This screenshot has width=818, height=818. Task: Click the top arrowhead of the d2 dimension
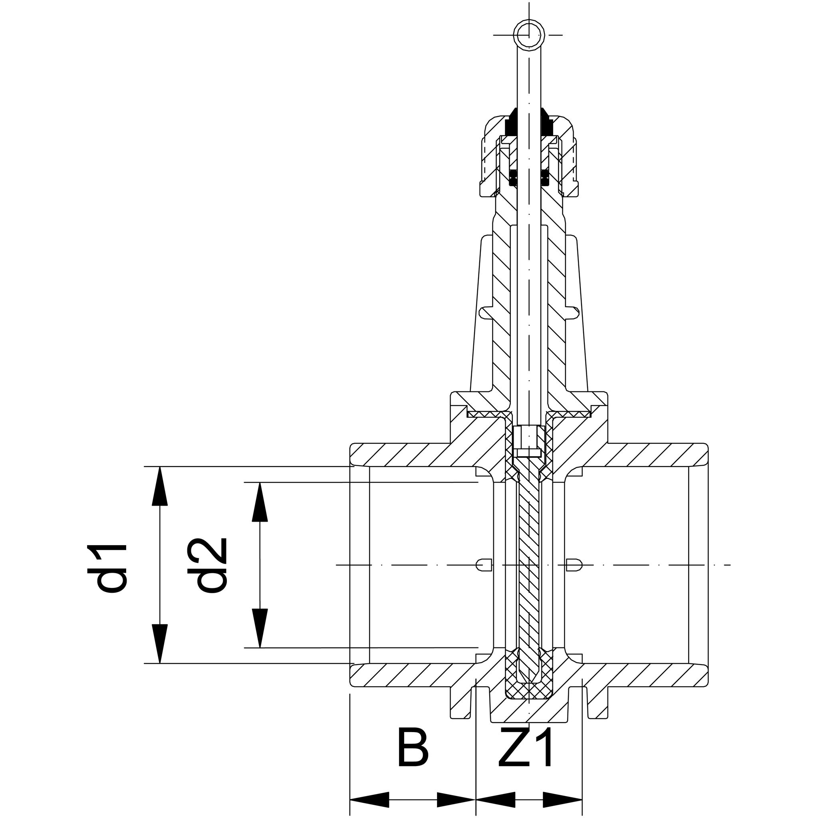point(260,502)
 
